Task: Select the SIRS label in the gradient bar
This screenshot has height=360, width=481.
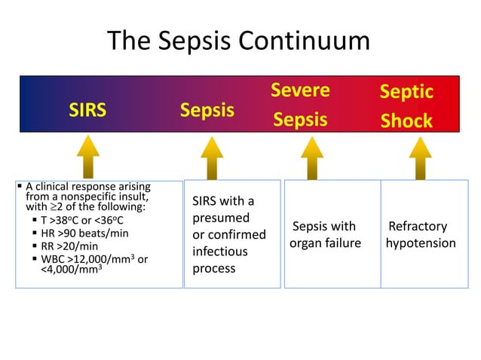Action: click(87, 111)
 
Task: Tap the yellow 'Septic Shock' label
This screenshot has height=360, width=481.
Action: click(406, 105)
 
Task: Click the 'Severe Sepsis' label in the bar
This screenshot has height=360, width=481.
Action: click(301, 105)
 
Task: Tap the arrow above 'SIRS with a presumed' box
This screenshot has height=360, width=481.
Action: click(212, 157)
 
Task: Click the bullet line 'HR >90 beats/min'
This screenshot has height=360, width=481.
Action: click(84, 233)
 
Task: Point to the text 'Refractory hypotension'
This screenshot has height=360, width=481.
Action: click(420, 235)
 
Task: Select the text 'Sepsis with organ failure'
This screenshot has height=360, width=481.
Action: click(325, 235)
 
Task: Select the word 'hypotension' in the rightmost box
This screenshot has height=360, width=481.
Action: click(420, 243)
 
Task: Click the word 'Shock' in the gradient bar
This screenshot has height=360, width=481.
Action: click(406, 121)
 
